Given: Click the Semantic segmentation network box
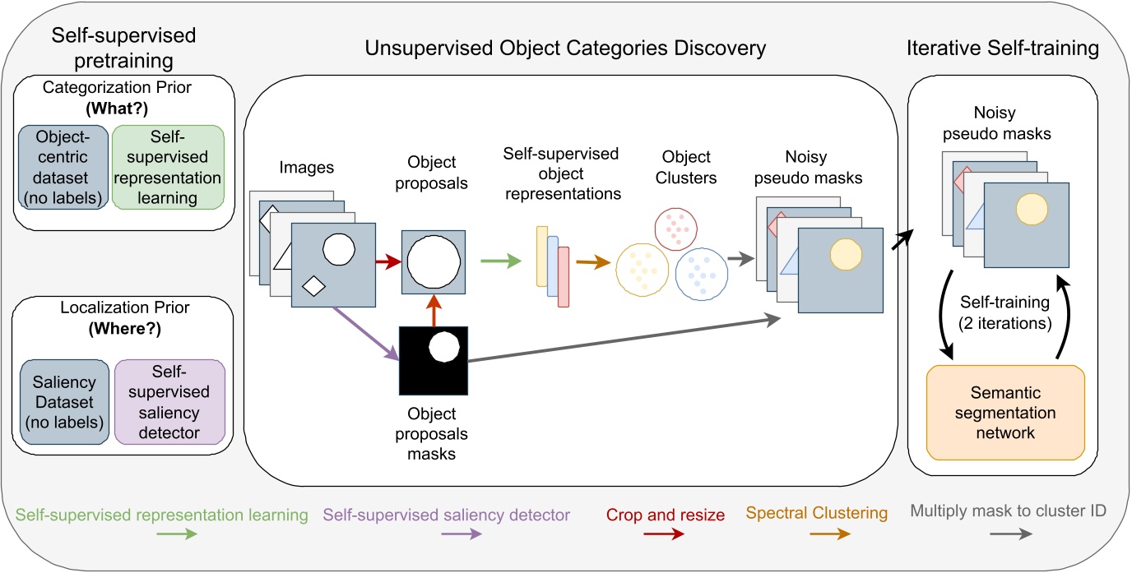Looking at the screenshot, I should pos(1005,412).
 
